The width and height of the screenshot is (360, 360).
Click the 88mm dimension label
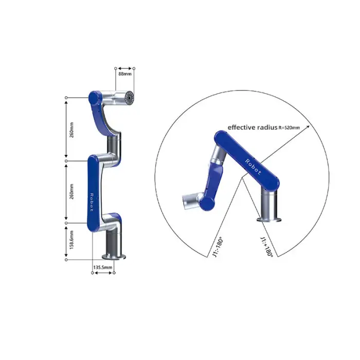pyautogui.click(x=125, y=74)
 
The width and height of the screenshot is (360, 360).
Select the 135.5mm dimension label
pyautogui.click(x=103, y=267)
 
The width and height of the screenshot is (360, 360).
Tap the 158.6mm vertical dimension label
pyautogui.click(x=71, y=240)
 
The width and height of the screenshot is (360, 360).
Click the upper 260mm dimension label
pyautogui.click(x=71, y=130)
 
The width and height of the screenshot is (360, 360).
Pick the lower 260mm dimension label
pyautogui.click(x=71, y=191)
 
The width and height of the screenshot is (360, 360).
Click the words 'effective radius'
pyautogui.click(x=253, y=127)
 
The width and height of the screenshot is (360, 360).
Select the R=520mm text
pyautogui.click(x=289, y=128)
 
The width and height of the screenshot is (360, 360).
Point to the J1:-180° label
pyautogui.click(x=218, y=247)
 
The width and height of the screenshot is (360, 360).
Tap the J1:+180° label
pyautogui.click(x=267, y=247)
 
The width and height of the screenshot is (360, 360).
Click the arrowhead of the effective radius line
pyautogui.click(x=308, y=127)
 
